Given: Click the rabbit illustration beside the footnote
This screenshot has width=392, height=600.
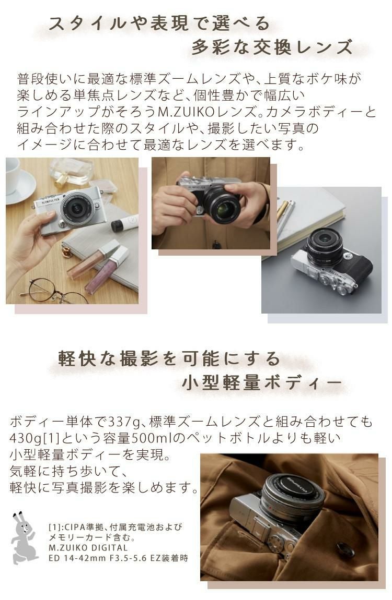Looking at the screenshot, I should (23, 537).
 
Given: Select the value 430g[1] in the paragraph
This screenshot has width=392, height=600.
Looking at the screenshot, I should (36, 437).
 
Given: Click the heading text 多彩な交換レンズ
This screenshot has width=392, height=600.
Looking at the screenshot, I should (272, 48).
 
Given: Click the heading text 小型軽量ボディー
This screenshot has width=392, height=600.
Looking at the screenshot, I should (261, 383).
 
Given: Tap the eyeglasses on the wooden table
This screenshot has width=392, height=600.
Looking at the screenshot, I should (52, 290).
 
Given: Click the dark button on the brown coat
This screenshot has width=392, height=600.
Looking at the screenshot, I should (345, 549).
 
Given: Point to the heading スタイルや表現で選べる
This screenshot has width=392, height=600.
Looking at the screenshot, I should (159, 23).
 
